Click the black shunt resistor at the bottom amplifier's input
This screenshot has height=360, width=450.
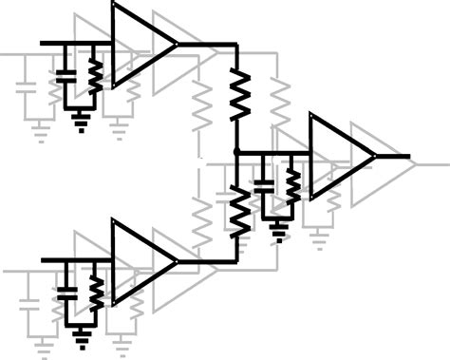(x=95, y=290)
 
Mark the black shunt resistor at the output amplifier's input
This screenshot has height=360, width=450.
(x=292, y=183)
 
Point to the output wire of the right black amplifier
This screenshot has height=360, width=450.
(x=394, y=156)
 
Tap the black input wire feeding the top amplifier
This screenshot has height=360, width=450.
(x=57, y=44)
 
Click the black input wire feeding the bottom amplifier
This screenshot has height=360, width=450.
(x=57, y=259)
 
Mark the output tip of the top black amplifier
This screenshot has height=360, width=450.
(x=177, y=45)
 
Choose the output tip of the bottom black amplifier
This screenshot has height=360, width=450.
(x=177, y=260)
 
